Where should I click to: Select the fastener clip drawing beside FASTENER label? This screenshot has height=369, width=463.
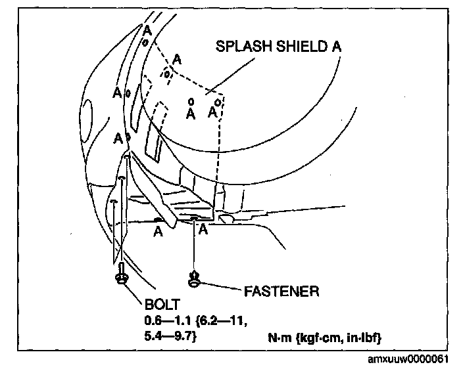(x=194, y=280)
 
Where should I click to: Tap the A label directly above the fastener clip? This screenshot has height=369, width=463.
(x=203, y=229)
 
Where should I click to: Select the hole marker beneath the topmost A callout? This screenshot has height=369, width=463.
(x=145, y=41)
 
